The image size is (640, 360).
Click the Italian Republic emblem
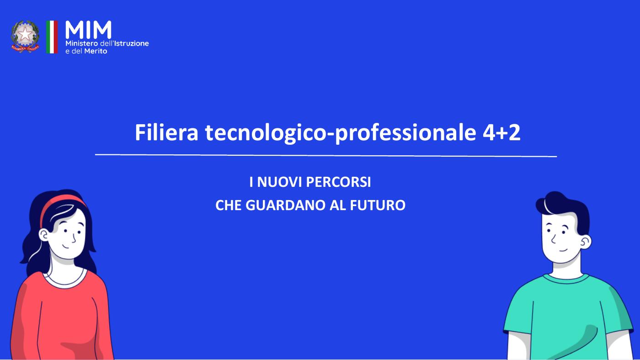pos(26,37)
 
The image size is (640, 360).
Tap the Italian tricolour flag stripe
pos(52,37)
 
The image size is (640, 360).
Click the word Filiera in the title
pos(166,132)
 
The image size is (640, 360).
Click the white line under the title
pos(325,155)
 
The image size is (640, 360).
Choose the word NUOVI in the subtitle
pos(279,182)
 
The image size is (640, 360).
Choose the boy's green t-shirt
pos(567,315)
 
